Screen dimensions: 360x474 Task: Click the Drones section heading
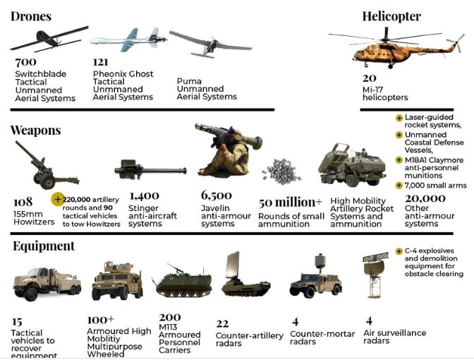31,16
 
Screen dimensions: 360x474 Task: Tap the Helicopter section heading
391,16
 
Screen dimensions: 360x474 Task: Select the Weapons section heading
35,131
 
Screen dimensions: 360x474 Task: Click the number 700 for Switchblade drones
26,63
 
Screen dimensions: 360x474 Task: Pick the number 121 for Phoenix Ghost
100,63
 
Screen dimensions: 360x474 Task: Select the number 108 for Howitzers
23,202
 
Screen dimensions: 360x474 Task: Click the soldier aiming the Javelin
222,152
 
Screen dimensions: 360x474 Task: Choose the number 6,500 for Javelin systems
217,196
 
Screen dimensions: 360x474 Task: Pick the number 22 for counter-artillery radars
223,321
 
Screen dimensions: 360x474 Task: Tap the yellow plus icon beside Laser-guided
399,117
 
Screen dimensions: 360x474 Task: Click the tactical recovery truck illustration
46,282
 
